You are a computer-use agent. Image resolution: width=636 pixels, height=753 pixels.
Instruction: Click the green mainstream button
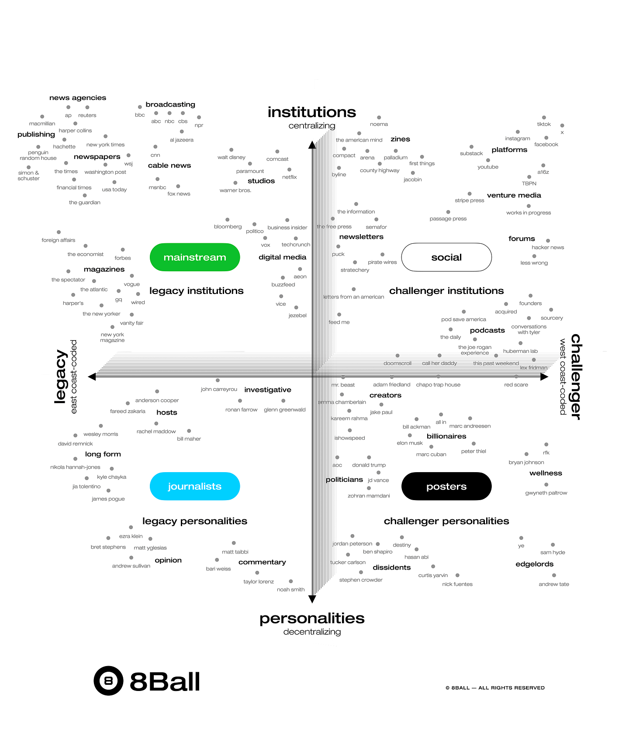[195, 257]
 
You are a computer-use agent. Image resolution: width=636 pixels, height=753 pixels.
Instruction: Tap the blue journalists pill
[195, 486]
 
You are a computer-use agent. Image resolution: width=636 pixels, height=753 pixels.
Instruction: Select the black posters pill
[446, 486]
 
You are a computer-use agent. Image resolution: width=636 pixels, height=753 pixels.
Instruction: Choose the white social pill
[446, 257]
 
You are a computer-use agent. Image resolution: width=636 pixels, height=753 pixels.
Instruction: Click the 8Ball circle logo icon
[108, 680]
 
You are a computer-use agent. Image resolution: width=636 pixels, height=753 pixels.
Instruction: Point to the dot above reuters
[87, 107]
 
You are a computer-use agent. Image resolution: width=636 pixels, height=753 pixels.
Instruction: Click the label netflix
[290, 177]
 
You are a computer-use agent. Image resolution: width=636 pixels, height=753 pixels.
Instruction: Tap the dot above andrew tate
[554, 575]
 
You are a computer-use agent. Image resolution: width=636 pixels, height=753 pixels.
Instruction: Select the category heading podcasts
[487, 330]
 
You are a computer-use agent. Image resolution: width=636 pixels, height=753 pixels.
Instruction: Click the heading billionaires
[446, 436]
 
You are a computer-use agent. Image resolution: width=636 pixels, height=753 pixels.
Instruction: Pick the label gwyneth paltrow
[546, 493]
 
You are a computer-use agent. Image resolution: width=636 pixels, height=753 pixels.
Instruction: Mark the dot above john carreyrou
[218, 380]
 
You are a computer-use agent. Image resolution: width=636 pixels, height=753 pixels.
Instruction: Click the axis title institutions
[312, 112]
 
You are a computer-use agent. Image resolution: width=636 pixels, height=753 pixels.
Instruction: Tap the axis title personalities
[312, 618]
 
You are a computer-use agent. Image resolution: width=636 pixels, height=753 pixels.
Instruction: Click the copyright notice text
[495, 687]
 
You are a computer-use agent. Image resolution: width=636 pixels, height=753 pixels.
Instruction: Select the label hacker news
[548, 247]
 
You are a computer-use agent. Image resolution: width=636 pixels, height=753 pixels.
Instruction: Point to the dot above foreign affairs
[59, 232]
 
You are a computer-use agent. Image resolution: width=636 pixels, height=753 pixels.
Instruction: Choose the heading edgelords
[534, 564]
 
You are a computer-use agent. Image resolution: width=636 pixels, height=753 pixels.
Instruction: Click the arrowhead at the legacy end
[92, 376]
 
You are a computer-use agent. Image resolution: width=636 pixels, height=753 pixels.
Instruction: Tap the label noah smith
[291, 589]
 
